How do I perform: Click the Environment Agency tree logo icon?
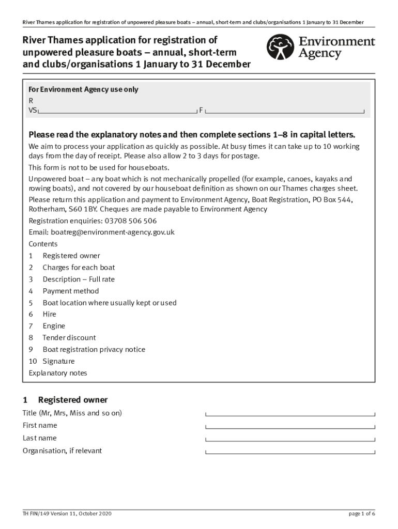click(x=280, y=48)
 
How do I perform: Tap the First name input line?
click(x=290, y=426)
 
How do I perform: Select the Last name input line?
click(x=290, y=439)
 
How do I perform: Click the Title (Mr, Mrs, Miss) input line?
click(x=290, y=414)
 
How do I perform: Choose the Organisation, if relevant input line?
click(x=290, y=452)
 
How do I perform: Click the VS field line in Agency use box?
click(x=117, y=111)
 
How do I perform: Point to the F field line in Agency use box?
click(x=285, y=111)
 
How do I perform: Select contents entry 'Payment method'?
click(x=70, y=291)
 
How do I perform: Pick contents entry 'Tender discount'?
click(x=69, y=338)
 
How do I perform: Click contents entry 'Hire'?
click(x=50, y=314)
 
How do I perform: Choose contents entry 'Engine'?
click(x=54, y=326)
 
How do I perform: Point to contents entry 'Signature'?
click(x=58, y=361)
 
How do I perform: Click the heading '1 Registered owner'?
click(x=65, y=400)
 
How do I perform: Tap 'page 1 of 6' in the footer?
click(x=362, y=514)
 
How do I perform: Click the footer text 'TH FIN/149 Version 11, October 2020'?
click(x=67, y=514)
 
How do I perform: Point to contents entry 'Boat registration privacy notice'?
click(x=94, y=349)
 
